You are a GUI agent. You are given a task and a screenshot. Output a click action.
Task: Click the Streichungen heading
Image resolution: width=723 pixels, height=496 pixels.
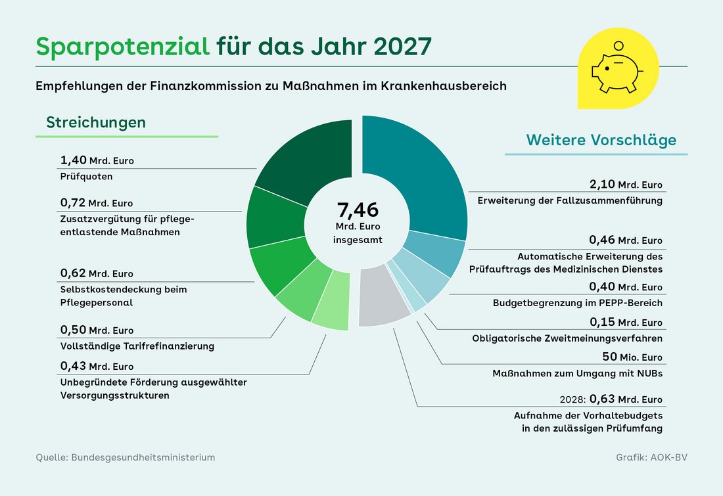[x=96, y=123]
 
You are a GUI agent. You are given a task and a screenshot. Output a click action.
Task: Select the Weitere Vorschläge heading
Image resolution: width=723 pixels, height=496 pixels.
[x=601, y=141]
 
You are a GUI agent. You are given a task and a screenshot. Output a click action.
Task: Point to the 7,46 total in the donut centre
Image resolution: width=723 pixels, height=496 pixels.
[x=358, y=211]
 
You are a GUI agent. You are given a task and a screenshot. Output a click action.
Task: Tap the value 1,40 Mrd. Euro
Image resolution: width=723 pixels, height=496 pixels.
[x=97, y=161]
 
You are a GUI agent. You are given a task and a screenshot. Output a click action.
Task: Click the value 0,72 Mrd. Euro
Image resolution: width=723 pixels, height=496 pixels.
[x=97, y=203]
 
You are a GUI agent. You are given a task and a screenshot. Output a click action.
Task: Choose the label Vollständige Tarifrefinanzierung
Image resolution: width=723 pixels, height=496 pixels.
[x=137, y=346]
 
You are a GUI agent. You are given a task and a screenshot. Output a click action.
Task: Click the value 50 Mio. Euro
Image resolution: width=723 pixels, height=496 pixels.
[x=632, y=357]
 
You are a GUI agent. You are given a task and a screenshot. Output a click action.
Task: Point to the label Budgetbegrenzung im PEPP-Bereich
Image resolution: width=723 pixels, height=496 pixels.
[x=578, y=303]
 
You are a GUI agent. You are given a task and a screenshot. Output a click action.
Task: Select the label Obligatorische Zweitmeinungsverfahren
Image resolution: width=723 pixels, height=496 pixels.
[x=567, y=338]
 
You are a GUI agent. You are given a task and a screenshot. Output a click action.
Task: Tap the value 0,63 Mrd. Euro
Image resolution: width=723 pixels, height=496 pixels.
[x=626, y=399]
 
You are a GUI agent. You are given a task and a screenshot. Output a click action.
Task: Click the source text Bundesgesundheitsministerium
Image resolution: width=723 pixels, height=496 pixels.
[x=141, y=457]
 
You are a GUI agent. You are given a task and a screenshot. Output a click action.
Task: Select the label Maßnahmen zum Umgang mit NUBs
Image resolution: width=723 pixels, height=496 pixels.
[x=578, y=373]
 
